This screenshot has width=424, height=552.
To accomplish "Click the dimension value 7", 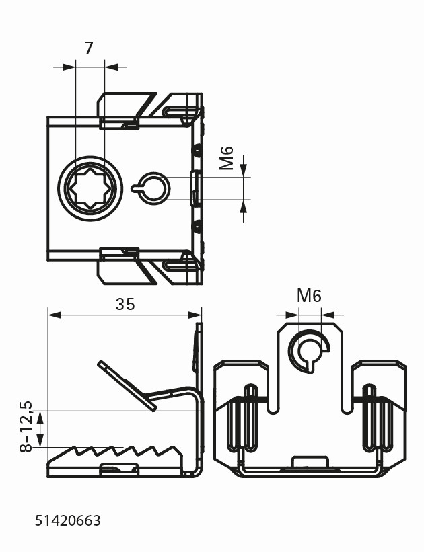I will [89, 48].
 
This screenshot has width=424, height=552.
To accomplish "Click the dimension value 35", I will [125, 304].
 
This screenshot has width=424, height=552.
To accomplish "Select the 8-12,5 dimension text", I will [27, 428].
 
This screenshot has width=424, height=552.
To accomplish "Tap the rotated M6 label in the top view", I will [227, 158].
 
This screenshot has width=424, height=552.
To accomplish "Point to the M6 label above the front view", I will [309, 296].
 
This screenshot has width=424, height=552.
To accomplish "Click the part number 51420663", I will [68, 520].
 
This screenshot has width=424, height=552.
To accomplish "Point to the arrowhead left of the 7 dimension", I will [69, 67].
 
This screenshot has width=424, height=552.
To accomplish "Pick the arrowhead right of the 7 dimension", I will [112, 67].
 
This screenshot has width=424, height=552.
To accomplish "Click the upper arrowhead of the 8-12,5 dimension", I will [40, 418].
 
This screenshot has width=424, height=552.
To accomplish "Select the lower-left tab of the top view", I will [118, 267].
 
